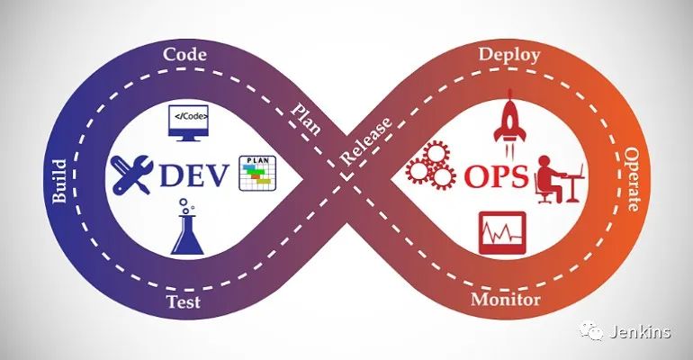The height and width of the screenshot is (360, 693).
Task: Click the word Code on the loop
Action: coord(185,54)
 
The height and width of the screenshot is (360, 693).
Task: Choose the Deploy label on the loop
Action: coord(509,55)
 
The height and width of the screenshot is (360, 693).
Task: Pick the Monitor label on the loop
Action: coord(506,300)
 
